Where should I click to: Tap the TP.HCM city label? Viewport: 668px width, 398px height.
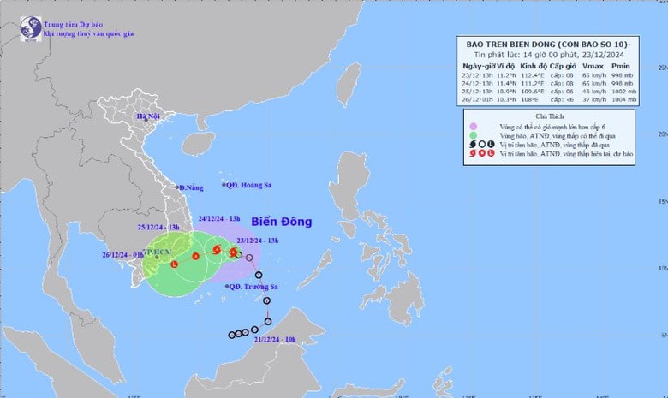point(158,253)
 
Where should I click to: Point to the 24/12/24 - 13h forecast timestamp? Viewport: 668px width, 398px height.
point(219,218)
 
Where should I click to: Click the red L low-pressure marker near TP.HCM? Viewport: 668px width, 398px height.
point(174,264)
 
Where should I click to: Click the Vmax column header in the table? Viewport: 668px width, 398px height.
point(590,66)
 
